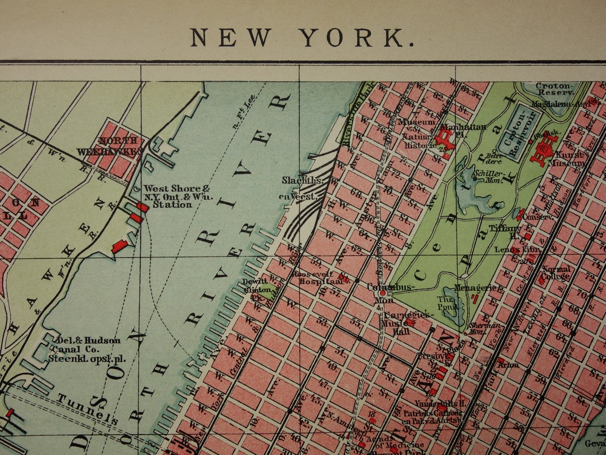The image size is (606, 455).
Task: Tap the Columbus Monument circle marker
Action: point(382,293)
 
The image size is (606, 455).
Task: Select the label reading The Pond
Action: point(446,303)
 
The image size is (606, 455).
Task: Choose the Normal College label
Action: point(555,272)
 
